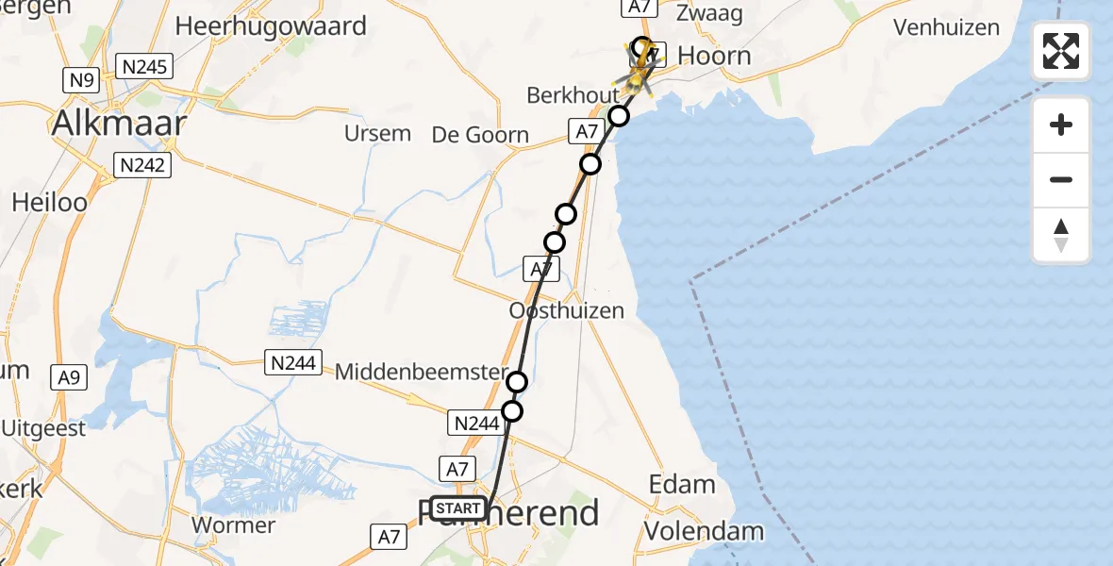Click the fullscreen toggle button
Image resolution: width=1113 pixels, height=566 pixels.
(x=1061, y=50)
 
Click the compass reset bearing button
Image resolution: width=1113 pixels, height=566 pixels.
(x=1061, y=236)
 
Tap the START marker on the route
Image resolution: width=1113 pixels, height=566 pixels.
(x=458, y=509)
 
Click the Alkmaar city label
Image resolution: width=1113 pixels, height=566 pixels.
(x=119, y=123)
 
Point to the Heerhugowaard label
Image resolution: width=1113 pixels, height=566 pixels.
(x=271, y=26)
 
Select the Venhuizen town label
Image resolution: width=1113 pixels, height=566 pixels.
(x=946, y=27)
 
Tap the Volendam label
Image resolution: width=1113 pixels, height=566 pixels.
(x=704, y=531)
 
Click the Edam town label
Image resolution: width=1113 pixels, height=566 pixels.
(x=682, y=485)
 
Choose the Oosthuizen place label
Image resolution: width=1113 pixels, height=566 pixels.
(x=566, y=310)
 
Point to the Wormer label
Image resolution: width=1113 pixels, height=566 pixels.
(x=233, y=525)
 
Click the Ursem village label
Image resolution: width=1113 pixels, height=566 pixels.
(x=377, y=133)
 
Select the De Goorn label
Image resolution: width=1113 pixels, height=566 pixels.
(x=480, y=135)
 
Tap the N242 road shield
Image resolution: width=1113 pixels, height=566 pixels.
(x=141, y=166)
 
